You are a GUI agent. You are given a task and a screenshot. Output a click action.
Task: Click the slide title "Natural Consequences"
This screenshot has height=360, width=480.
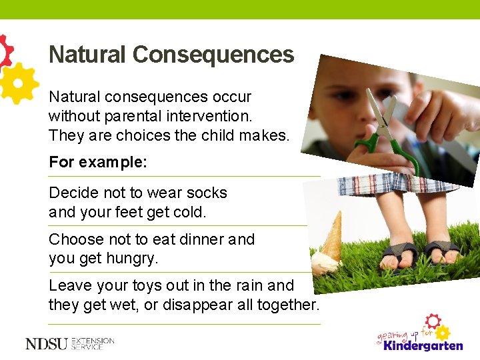(x=171, y=55)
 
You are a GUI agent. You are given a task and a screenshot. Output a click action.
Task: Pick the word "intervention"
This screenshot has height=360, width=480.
(x=211, y=116)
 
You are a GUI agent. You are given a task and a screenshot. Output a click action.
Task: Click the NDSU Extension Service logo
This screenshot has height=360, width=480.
(x=69, y=343)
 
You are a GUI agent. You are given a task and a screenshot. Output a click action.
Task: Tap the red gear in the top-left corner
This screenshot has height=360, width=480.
(x=5, y=51)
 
